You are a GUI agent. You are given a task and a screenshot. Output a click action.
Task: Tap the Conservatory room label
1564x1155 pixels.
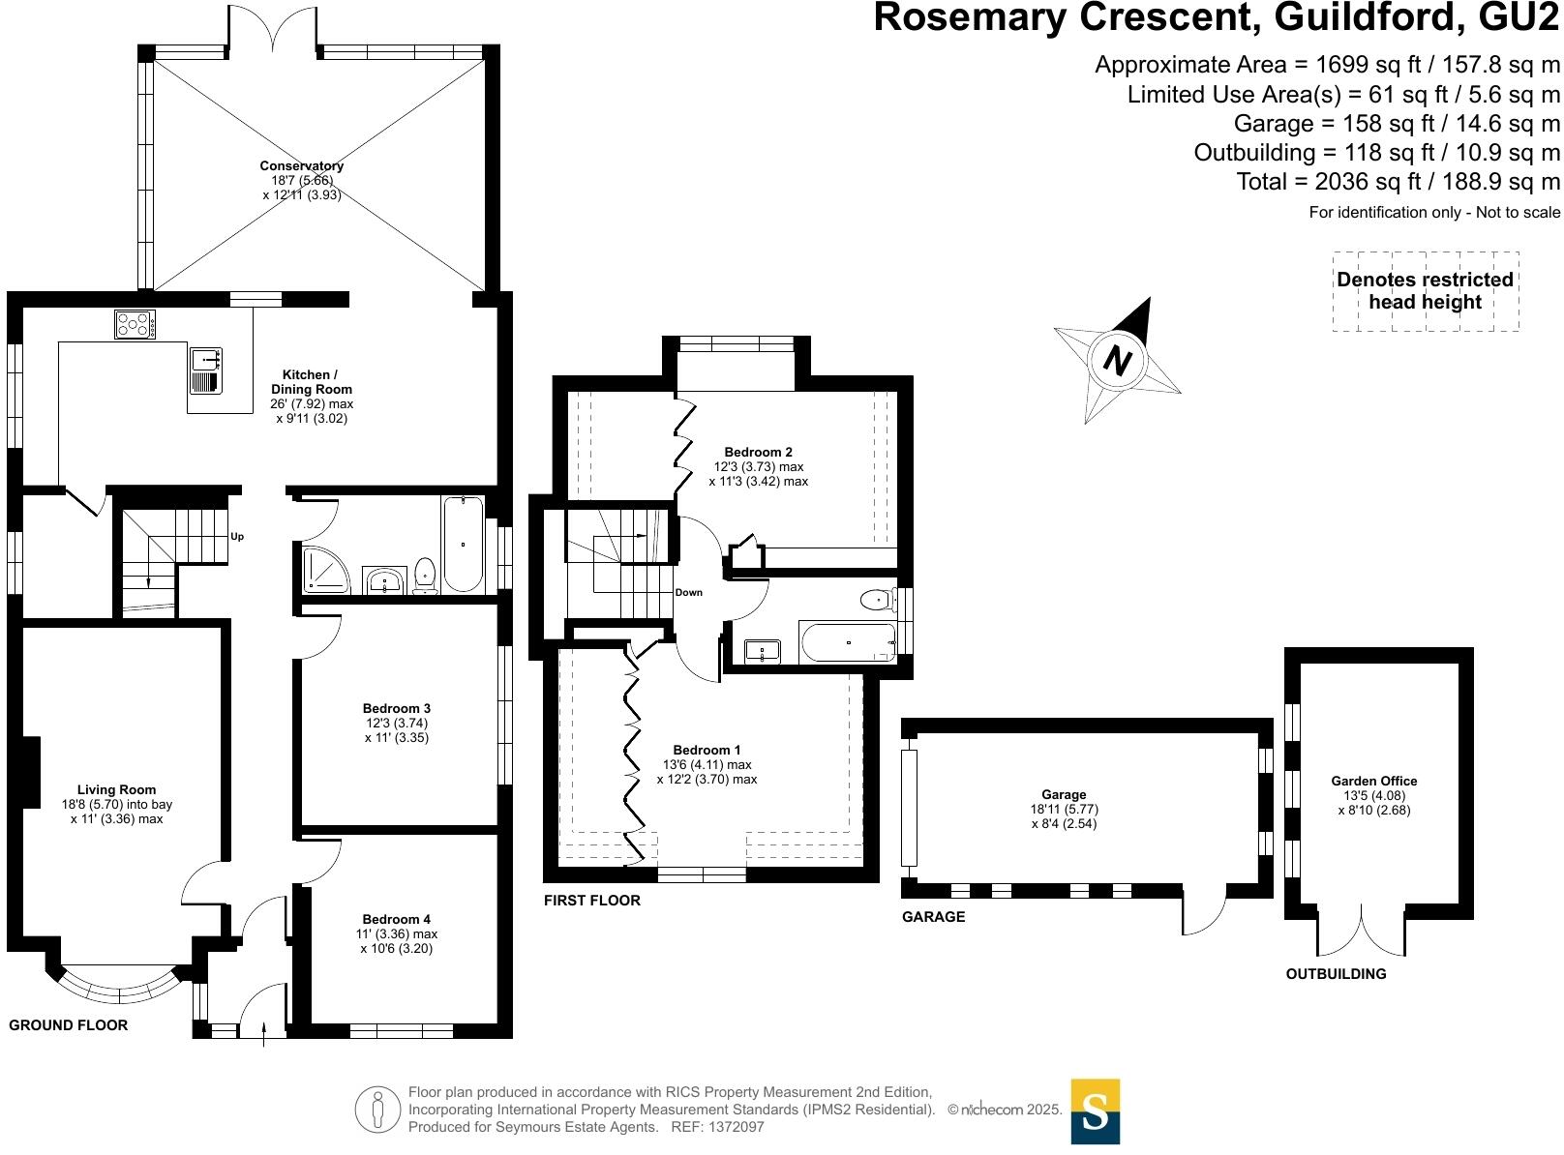[301, 166]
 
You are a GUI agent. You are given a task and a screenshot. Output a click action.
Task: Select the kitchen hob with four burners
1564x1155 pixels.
[135, 324]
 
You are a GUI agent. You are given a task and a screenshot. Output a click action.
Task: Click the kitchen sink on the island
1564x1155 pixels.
[206, 371]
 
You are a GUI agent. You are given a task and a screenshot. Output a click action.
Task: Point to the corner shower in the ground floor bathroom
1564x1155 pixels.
[318, 570]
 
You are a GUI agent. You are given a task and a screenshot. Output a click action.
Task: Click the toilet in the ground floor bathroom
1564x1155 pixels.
[425, 575]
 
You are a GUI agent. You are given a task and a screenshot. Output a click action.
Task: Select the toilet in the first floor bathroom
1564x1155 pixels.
[878, 601]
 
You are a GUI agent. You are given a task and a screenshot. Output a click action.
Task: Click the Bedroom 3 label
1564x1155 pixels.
[397, 709]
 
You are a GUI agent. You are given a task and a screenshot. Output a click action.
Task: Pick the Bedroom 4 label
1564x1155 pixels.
[397, 920]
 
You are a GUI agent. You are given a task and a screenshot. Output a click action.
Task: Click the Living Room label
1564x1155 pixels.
[116, 790]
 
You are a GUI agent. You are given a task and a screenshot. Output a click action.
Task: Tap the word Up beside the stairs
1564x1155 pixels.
[237, 537]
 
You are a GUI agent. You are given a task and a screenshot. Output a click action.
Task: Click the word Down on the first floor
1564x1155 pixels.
[689, 593]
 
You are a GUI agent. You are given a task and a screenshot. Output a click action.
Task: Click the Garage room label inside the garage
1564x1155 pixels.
[1064, 795]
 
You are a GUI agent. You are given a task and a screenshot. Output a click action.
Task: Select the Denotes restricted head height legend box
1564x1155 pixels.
[1425, 291]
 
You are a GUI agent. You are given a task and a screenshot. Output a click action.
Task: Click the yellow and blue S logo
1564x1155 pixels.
[1095, 1111]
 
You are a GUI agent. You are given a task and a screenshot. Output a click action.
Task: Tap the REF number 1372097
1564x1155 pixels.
[737, 1127]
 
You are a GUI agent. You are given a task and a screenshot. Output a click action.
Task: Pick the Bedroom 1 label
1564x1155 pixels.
[707, 751]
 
